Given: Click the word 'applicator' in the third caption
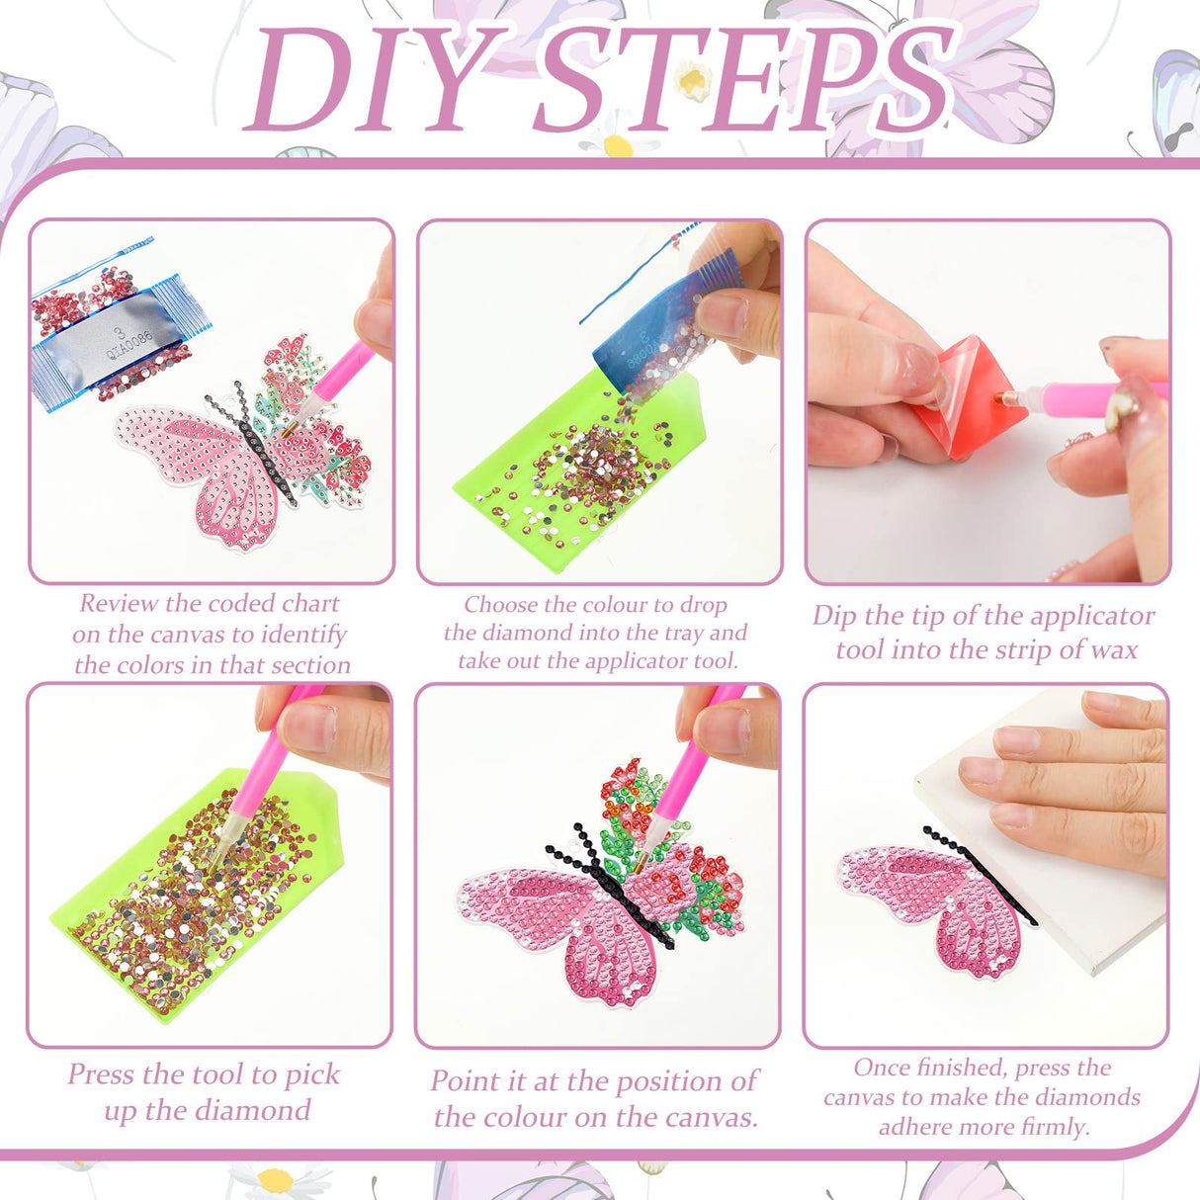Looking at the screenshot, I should click(1087, 615).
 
